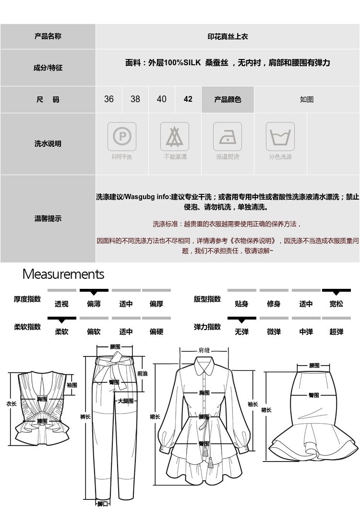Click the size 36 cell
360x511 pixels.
click(109, 99)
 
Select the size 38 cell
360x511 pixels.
click(135, 99)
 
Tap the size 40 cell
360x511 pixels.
click(162, 99)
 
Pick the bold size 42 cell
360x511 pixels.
click(188, 99)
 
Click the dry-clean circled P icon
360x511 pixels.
click(121, 137)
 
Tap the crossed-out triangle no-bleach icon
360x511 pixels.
click(175, 137)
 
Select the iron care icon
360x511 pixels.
click(228, 137)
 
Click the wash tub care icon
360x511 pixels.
click(280, 137)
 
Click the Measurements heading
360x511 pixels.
click(63, 274)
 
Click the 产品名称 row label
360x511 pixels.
click(48, 36)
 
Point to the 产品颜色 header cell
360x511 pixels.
click(228, 99)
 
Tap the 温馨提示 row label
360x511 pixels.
click(48, 219)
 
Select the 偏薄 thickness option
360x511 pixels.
click(94, 304)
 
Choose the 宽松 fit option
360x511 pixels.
click(336, 304)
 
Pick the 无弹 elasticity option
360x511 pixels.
click(241, 332)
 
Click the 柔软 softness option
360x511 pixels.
click(61, 332)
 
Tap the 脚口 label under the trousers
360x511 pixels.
click(103, 504)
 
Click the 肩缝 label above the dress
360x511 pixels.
click(204, 350)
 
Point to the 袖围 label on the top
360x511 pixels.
click(72, 385)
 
